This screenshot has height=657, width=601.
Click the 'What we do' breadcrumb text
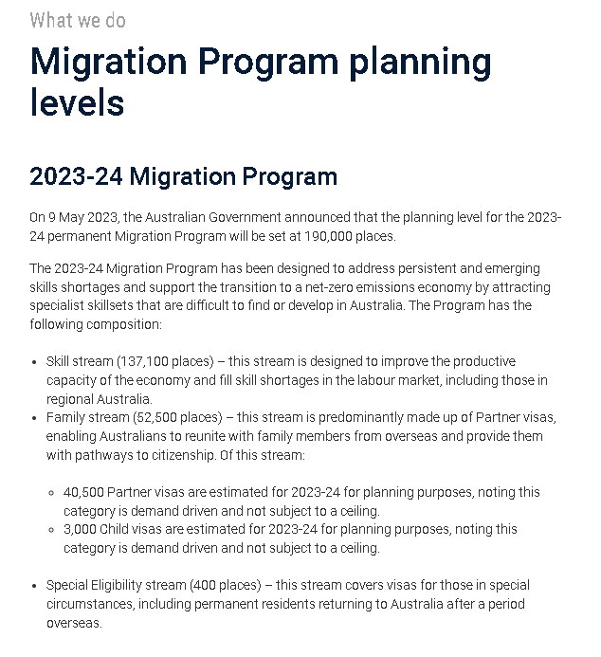77,19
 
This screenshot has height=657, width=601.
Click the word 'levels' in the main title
77,101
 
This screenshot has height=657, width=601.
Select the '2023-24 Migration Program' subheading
183,177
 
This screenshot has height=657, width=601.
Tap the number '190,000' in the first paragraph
326,236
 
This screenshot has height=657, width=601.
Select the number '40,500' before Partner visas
83,493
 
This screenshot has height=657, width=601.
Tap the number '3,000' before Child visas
80,530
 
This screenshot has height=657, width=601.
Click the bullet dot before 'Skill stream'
35,362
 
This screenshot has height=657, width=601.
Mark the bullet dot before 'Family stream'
35,418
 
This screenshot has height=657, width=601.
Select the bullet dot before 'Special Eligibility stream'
35,586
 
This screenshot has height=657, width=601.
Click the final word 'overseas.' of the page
74,623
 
